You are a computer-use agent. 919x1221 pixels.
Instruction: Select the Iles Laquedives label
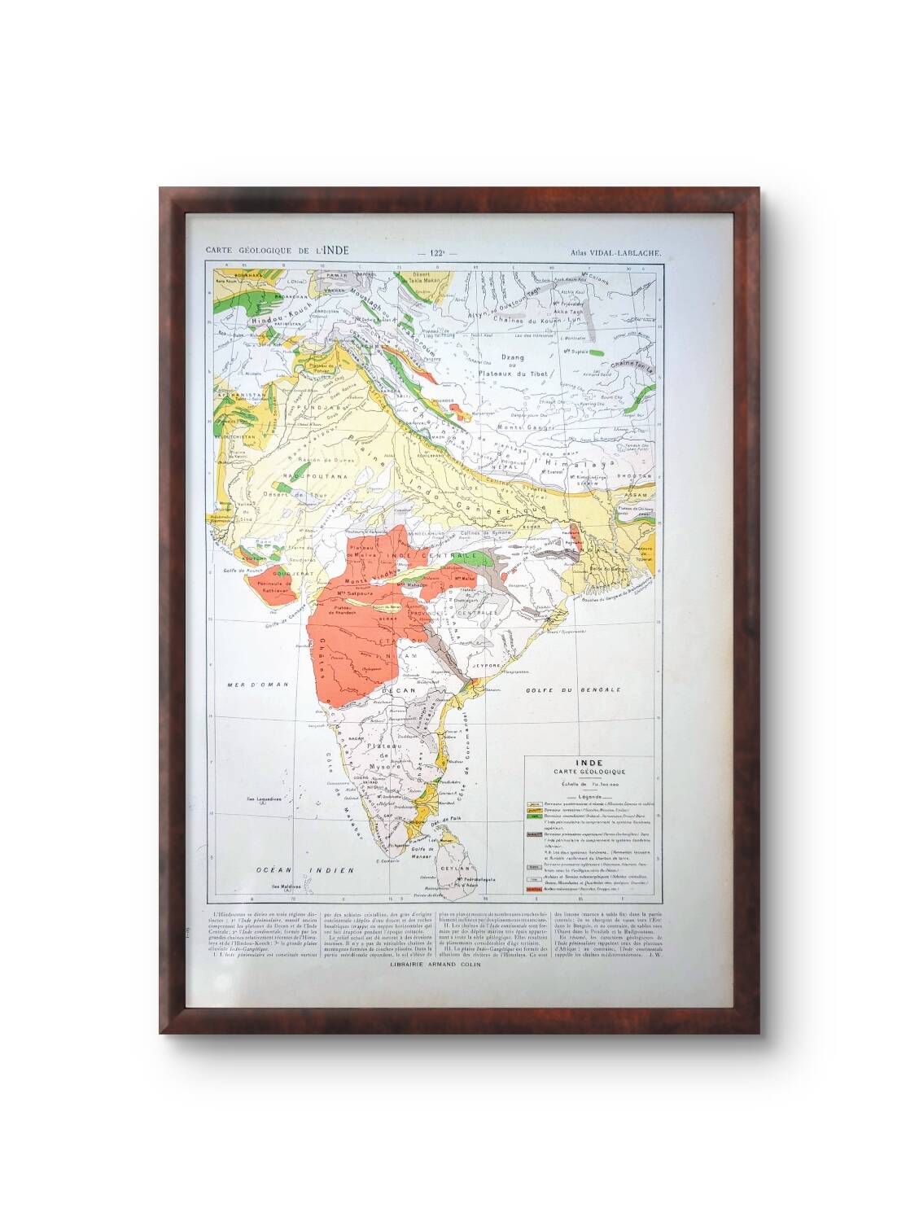265,801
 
